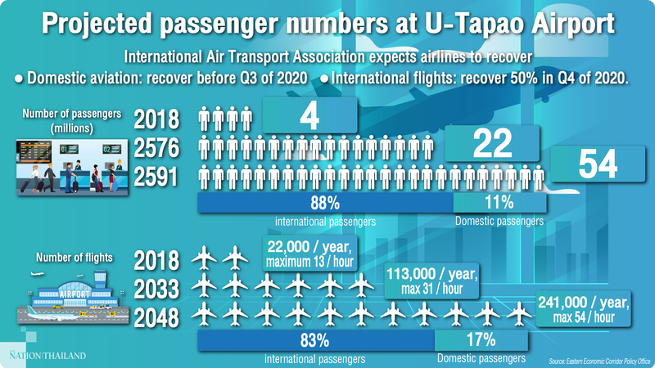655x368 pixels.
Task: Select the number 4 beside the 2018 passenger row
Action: point(309,115)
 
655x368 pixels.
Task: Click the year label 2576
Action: point(156,147)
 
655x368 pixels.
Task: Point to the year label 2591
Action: point(156,176)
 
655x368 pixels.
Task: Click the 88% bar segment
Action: point(325,202)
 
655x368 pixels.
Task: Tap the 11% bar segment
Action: point(497,202)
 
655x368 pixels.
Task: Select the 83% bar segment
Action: point(315,339)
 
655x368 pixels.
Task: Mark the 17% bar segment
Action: point(481,339)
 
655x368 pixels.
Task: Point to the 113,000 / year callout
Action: point(431,282)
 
